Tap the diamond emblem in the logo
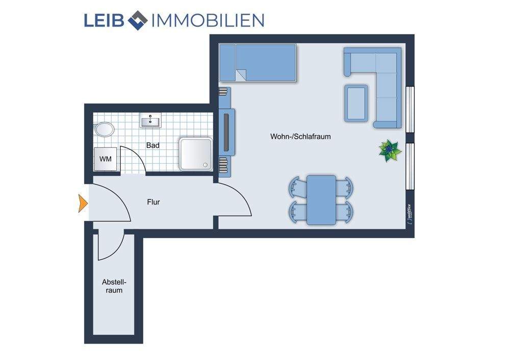pos(137,20)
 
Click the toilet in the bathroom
pos(105,129)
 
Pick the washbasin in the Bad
pos(150,121)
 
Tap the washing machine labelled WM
pos(106,159)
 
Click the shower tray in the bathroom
pos(195,153)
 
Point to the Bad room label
pos(152,145)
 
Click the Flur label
pos(153,202)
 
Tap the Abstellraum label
pos(114,286)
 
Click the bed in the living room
pos(258,62)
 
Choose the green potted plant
pos(390,150)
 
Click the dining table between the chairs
pos(321,199)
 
